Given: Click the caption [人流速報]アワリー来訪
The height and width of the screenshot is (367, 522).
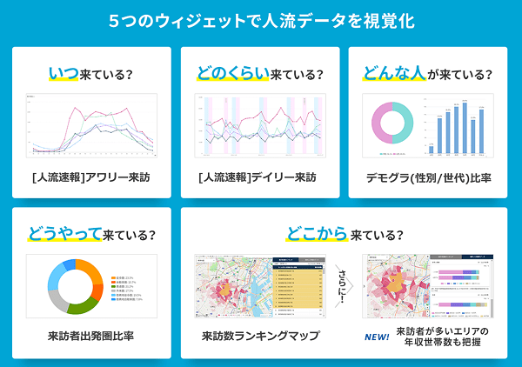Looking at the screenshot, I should coord(91,177).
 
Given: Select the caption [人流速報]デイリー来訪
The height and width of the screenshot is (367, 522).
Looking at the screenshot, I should coord(258,177).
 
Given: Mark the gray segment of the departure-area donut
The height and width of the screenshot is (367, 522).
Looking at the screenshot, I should coord(57,299).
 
